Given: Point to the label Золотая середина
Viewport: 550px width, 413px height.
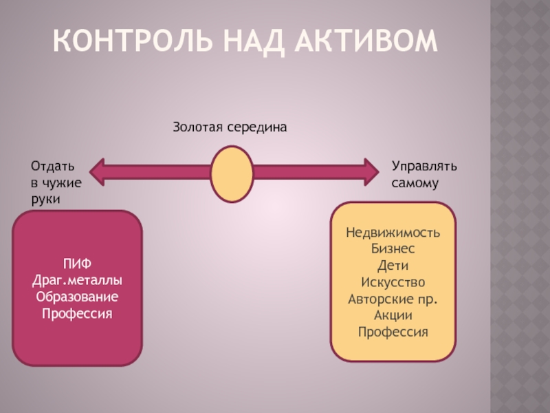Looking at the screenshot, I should coord(228,127).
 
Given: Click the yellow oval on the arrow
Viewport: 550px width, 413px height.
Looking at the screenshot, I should coord(230,174).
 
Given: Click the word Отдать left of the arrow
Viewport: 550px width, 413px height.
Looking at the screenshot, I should coord(52,167).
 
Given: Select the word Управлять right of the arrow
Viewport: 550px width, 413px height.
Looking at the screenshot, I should coord(424,167).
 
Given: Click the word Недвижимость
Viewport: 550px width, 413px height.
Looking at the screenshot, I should coord(393,232).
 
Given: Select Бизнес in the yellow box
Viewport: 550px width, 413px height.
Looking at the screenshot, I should coord(393,248).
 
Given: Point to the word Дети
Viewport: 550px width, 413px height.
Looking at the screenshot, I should coord(393,265).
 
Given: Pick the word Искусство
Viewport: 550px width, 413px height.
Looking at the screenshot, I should coord(393,282).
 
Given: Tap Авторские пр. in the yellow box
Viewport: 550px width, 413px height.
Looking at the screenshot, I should coord(393,298).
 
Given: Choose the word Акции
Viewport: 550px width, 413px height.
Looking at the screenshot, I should coord(393,315).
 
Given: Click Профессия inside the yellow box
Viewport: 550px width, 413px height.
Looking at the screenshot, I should coord(393,331).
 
